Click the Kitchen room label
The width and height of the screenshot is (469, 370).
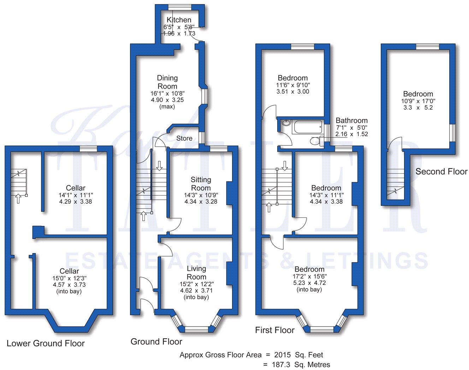click(x=179, y=20)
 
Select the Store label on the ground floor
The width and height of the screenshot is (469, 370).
click(x=184, y=138)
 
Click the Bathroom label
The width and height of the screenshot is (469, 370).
click(x=351, y=121)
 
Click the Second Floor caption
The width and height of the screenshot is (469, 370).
click(x=441, y=172)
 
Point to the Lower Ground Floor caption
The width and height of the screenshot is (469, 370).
click(x=46, y=343)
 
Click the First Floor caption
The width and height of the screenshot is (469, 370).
click(x=275, y=330)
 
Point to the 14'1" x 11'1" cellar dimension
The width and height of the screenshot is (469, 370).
click(x=76, y=195)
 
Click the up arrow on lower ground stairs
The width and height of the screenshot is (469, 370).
click(x=17, y=199)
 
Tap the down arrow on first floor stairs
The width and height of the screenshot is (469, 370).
click(x=285, y=165)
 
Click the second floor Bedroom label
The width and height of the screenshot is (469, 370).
click(x=418, y=94)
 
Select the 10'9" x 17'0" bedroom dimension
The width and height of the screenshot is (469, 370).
click(x=418, y=101)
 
